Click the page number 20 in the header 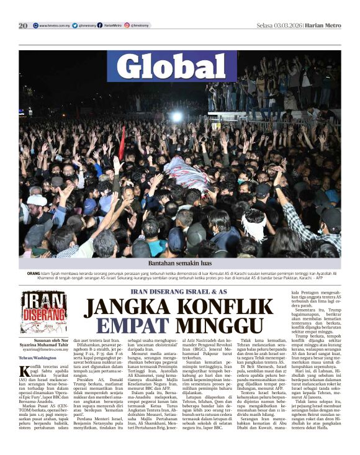tap(23, 25)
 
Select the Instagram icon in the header tap(127, 25)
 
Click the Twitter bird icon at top tap(74, 25)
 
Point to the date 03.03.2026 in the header tap(291, 25)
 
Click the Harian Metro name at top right tap(325, 25)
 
